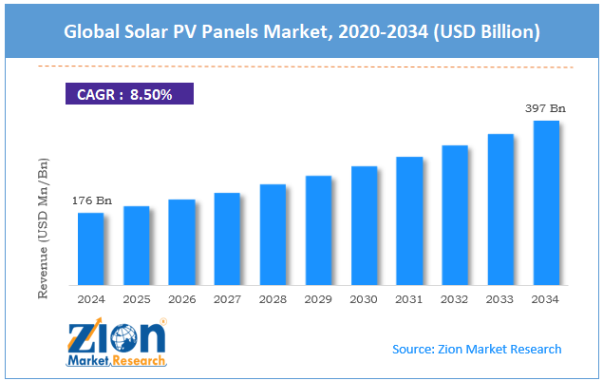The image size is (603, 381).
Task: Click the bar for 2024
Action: coord(90,249)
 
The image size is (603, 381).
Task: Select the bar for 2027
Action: coord(227,238)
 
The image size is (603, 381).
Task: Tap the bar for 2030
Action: coord(364,225)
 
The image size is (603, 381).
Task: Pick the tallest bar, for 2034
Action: coord(546,202)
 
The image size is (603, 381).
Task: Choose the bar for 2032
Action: coord(455,215)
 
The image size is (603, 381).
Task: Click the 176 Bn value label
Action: coord(90,200)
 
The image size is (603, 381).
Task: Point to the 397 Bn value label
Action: coord(546,109)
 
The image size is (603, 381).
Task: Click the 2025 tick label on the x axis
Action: coord(136,299)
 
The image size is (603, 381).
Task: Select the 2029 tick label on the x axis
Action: coord(318,299)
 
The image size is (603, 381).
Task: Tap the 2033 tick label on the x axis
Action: coord(500,299)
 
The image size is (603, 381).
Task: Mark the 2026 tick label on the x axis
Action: coord(181,299)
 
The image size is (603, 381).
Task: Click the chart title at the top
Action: coord(301,32)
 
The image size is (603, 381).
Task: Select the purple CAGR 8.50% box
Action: coord(128,94)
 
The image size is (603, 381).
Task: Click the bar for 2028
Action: coord(273,234)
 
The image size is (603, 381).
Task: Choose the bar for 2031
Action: coord(409,220)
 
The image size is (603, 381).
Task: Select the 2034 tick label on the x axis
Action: coord(546,299)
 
